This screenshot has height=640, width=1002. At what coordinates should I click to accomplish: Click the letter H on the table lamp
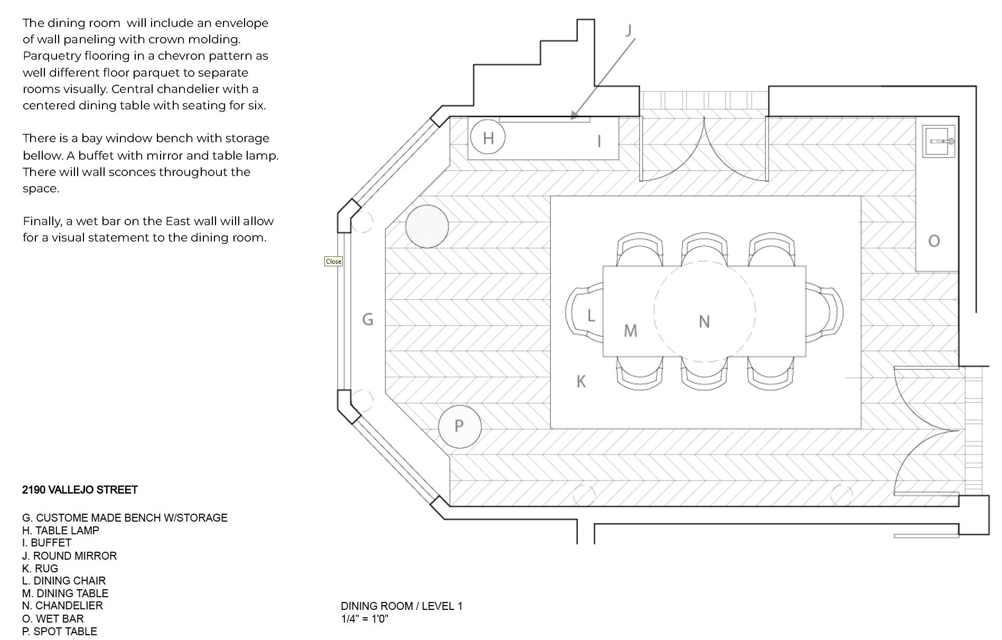[x=488, y=138]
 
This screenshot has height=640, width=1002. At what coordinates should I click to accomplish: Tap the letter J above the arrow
[x=628, y=31]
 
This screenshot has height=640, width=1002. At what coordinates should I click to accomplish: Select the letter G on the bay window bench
[x=368, y=319]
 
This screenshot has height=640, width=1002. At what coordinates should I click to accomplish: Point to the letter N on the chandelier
[x=704, y=321]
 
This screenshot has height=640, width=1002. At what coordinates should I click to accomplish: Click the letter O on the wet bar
[x=934, y=241]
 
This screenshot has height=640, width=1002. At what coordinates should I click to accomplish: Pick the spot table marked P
[x=460, y=426]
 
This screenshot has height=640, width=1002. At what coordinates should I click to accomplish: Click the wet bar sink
[x=939, y=141]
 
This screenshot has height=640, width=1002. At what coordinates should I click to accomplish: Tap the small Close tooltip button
[x=333, y=262]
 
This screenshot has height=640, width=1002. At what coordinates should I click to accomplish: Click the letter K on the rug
[x=581, y=381]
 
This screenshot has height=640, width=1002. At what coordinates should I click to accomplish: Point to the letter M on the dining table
[x=631, y=331]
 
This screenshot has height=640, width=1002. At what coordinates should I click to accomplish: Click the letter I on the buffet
[x=599, y=141]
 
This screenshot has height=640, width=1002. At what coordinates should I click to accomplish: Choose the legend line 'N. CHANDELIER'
[x=62, y=606]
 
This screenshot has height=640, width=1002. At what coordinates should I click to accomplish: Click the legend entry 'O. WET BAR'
[x=53, y=618]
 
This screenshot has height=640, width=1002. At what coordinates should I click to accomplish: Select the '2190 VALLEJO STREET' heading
[x=80, y=490]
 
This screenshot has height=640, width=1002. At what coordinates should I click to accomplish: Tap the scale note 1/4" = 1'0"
[x=364, y=619]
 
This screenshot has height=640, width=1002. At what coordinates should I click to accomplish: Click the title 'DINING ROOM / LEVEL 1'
[x=401, y=606]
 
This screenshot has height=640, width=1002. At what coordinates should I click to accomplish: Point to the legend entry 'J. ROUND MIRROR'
[x=69, y=555]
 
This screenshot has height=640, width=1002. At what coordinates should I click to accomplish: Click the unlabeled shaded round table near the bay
[x=427, y=226]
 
